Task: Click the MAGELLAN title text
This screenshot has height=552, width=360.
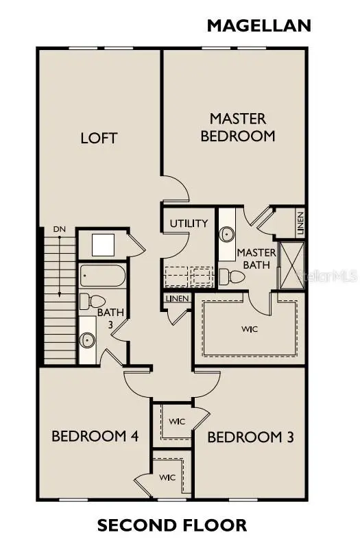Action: (259, 26)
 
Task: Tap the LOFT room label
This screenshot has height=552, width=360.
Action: (99, 138)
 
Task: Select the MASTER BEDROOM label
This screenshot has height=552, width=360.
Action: (237, 128)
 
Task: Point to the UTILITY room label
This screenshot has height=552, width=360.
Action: (189, 224)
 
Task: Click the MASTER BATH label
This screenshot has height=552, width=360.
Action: (256, 259)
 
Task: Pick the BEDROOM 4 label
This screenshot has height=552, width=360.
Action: (89, 436)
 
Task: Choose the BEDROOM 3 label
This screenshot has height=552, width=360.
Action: (250, 437)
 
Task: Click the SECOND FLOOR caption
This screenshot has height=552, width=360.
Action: (172, 526)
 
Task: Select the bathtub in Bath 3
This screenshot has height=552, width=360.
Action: (101, 277)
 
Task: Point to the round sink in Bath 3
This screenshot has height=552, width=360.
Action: (88, 339)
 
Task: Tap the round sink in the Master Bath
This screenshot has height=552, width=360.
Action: (227, 234)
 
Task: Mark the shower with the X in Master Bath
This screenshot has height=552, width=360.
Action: (290, 264)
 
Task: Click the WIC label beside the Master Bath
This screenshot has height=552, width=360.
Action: (250, 329)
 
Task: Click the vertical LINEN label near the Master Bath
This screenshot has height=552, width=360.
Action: (300, 222)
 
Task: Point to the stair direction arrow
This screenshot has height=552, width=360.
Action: (60, 267)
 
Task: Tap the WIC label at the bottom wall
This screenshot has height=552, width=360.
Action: (167, 477)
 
